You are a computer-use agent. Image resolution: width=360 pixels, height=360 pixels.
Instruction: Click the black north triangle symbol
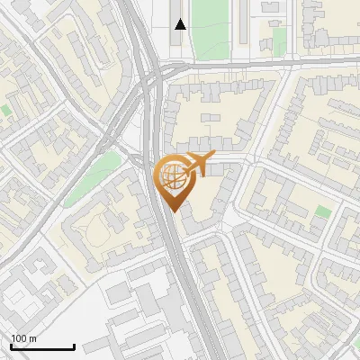pyautogui.click(x=181, y=24)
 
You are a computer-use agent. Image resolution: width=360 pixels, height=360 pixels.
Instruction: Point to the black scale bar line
pyautogui.click(x=42, y=347)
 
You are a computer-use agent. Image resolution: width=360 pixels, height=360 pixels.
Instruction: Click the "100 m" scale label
pyautogui.click(x=23, y=338)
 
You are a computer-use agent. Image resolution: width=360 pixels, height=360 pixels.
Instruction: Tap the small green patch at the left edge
pyautogui.click(x=5, y=110)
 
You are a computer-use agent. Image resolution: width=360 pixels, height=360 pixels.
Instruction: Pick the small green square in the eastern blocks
pyautogui.click(x=323, y=211)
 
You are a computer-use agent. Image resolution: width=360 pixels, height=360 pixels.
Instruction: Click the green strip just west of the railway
pyautogui.click(x=105, y=165)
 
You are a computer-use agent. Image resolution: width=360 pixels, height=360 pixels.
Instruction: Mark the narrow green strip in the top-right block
pyautogui.click(x=279, y=40)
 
